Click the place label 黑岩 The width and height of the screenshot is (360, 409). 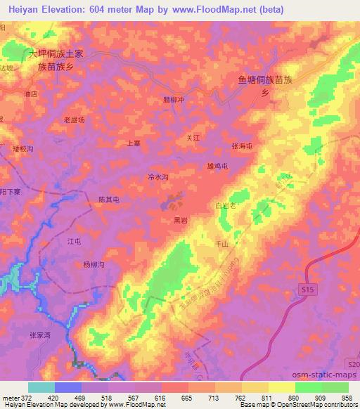click(x=181, y=220)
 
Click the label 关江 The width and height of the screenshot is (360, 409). click(x=193, y=138)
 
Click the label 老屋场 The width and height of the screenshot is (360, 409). click(x=74, y=120)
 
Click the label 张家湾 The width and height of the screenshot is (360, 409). click(x=41, y=335)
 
